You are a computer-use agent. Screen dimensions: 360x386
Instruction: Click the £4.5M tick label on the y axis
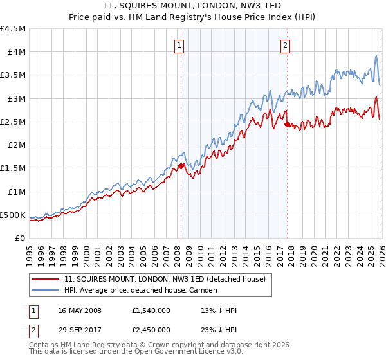(14, 29)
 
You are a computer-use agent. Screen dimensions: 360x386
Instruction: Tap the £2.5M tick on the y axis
(14, 122)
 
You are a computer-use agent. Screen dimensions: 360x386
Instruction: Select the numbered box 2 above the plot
(284, 45)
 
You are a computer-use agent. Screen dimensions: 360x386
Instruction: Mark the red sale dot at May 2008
(181, 166)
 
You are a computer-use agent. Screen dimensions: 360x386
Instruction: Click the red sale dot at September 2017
(287, 124)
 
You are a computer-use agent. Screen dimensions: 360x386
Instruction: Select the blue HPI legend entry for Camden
(141, 290)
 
